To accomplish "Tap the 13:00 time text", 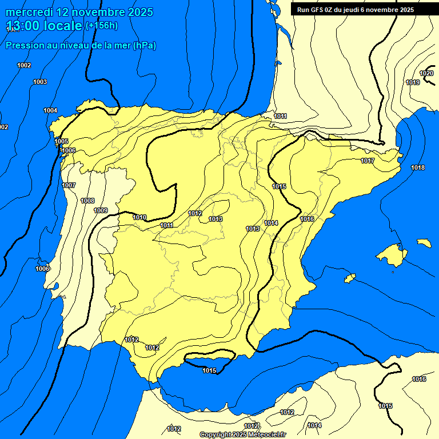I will tap(25, 26).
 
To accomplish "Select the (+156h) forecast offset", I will tap(102, 26).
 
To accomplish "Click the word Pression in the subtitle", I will tap(24, 45).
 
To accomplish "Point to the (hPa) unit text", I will tap(144, 45).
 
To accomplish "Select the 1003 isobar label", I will tap(40, 82).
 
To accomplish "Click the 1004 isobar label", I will tap(50, 110).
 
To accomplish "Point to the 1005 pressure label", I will tap(61, 141).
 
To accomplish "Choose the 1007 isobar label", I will tap(69, 185).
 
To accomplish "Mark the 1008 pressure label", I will tap(87, 201).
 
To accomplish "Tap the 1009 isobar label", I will tap(101, 210).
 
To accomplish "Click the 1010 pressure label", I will tap(139, 217).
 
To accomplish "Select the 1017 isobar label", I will tap(368, 161).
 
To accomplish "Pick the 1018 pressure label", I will tap(418, 167).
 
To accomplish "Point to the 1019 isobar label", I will tap(413, 82).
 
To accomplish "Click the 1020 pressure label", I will tap(426, 73).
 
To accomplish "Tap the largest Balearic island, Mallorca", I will tap(392, 254).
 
